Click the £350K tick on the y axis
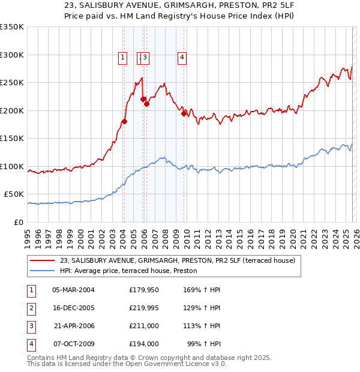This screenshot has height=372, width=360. (x=12, y=27)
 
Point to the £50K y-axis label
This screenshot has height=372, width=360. (x=14, y=194)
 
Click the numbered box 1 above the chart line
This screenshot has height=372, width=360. (x=122, y=58)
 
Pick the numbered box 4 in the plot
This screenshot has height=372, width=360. (x=181, y=58)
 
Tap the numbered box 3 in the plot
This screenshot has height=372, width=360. (x=146, y=58)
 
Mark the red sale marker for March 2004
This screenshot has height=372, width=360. (x=124, y=121)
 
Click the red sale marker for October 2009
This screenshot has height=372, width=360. (x=184, y=113)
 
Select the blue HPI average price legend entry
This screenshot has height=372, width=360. (x=133, y=271)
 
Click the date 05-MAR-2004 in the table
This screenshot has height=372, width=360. (x=73, y=290)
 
